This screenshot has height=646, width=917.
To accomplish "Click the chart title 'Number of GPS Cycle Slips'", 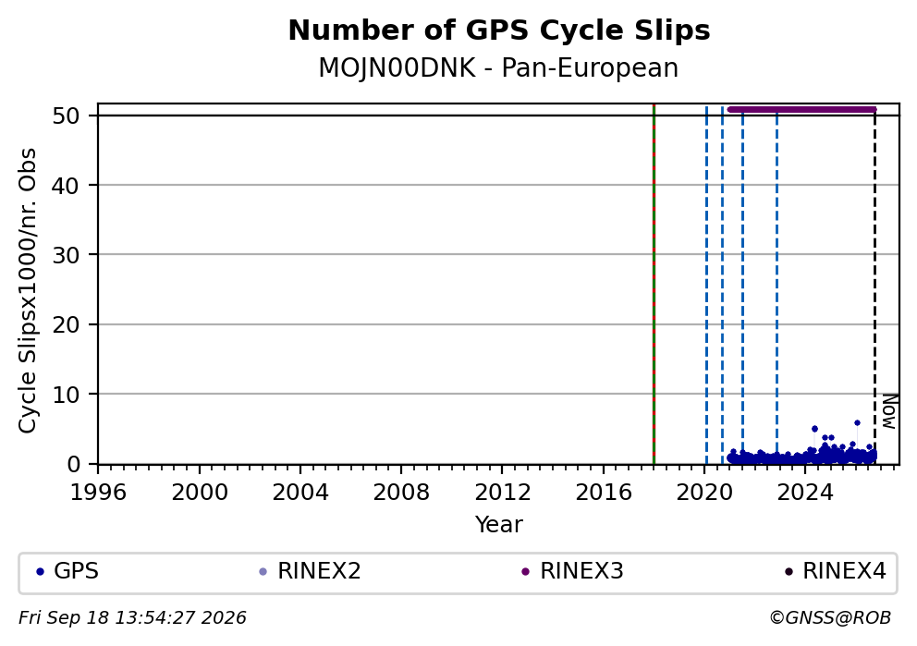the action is (499, 30).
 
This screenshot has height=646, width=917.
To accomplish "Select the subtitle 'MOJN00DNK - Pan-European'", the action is (498, 67).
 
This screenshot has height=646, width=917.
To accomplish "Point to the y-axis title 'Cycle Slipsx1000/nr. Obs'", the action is (28, 290).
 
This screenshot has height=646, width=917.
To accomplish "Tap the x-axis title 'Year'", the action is (499, 524).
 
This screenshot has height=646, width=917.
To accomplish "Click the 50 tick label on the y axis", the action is (66, 116).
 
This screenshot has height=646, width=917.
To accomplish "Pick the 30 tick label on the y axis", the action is (66, 255).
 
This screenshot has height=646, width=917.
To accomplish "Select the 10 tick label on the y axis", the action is (66, 395).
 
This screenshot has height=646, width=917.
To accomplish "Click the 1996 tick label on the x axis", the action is (98, 493).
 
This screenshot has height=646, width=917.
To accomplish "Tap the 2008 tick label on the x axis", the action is (401, 493).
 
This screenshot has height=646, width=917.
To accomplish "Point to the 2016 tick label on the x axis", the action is (604, 493).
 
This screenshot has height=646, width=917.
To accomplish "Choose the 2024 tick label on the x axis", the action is (805, 493).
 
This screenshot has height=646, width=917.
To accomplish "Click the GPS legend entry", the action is (67, 571).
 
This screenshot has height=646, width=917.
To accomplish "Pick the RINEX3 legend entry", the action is (572, 571).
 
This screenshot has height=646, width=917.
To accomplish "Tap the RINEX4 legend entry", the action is (835, 571).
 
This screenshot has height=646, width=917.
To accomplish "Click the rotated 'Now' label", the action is (889, 411).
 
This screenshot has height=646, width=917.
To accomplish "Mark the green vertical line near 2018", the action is (654, 284).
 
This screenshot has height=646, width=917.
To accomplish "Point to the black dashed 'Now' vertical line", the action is (874, 287).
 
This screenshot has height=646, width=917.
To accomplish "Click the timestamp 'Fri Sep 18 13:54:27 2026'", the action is (132, 618).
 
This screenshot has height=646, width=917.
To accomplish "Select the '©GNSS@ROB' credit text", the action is (830, 618).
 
